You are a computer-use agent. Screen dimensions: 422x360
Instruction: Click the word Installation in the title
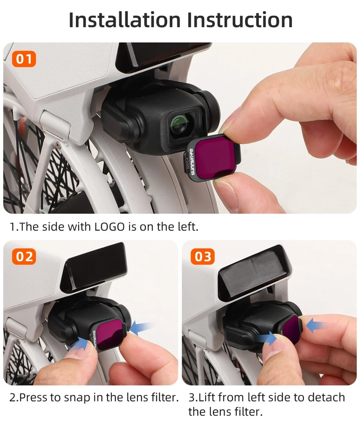pyautogui.click(x=124, y=20)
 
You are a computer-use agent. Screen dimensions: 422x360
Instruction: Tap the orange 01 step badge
pyautogui.click(x=23, y=59)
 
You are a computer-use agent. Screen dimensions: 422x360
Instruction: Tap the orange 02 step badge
pyautogui.click(x=23, y=256)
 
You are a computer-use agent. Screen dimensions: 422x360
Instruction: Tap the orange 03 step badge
pyautogui.click(x=203, y=256)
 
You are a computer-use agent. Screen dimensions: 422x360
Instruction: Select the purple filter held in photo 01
pyautogui.click(x=214, y=156)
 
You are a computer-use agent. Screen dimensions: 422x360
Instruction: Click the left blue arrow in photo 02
pyautogui.click(x=81, y=345)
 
